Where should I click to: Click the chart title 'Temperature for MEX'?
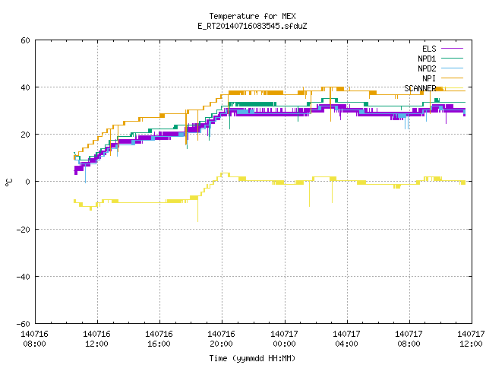(x=252, y=16)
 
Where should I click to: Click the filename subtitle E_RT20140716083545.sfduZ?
(x=252, y=26)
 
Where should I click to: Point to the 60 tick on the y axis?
(x=25, y=40)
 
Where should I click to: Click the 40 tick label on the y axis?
(x=25, y=87)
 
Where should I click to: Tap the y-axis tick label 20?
(x=25, y=135)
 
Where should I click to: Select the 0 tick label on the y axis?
(x=27, y=182)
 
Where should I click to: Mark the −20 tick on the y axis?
(x=24, y=230)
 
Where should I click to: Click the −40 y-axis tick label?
(x=24, y=277)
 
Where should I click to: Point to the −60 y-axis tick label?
(x=24, y=324)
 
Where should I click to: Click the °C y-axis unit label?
(x=9, y=182)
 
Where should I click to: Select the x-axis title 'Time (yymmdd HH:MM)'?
(x=252, y=358)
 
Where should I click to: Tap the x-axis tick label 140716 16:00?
(x=159, y=339)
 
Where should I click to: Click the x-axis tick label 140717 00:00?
(x=284, y=339)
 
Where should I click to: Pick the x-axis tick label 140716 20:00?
(x=221, y=339)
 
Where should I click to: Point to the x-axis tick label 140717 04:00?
(x=346, y=339)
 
